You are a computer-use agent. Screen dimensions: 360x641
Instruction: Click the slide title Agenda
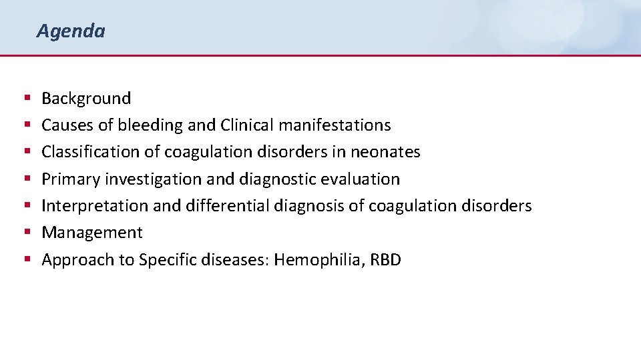pos(71,31)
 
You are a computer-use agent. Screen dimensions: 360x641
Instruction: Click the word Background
pos(86,99)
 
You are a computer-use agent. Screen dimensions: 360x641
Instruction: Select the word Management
pos(92,233)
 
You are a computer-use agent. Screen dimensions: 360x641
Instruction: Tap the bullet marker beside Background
pos(27,99)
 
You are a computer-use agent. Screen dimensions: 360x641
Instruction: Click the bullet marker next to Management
pos(27,233)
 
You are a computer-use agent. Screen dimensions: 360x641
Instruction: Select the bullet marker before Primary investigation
pos(27,179)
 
